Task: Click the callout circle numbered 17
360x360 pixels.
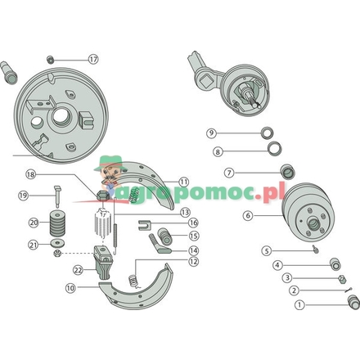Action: click(x=93, y=59)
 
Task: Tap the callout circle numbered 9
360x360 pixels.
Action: click(x=211, y=133)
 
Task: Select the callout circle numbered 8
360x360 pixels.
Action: click(x=218, y=151)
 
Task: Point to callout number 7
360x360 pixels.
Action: click(x=229, y=173)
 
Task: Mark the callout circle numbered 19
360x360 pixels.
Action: click(x=24, y=195)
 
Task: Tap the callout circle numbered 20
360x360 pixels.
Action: click(x=34, y=222)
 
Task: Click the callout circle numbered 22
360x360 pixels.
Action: click(x=78, y=268)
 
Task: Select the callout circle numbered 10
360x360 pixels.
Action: click(x=70, y=288)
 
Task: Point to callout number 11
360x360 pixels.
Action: click(x=183, y=182)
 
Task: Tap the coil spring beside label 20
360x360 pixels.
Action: click(x=57, y=223)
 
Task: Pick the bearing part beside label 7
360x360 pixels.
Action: click(x=289, y=172)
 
